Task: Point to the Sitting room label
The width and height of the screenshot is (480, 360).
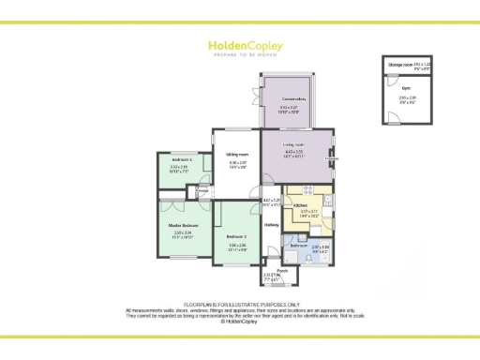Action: pyautogui.click(x=237, y=154)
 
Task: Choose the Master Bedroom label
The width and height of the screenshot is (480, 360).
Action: pyautogui.click(x=183, y=226)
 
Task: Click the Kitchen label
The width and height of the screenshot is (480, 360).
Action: pyautogui.click(x=302, y=205)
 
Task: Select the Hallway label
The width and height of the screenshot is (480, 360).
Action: pyautogui.click(x=272, y=225)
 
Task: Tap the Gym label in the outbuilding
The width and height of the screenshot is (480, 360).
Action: pyautogui.click(x=408, y=90)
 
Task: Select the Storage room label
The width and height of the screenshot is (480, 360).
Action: pyautogui.click(x=399, y=63)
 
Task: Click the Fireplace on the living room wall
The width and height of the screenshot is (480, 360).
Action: pyautogui.click(x=331, y=158)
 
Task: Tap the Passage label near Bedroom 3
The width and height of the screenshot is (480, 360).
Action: pyautogui.click(x=201, y=191)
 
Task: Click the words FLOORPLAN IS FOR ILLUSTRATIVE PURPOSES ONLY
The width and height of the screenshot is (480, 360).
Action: pyautogui.click(x=241, y=305)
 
